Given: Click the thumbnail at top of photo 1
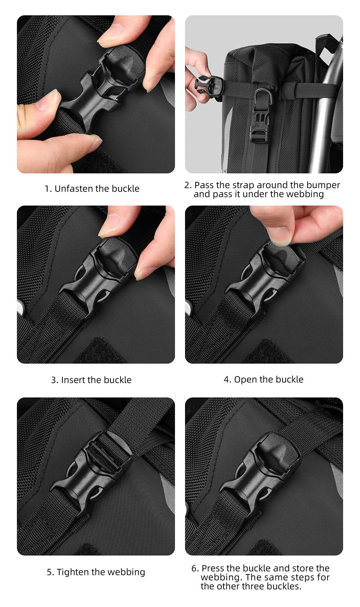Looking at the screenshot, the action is tap(110, 33).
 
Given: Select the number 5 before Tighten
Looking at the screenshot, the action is tap(49, 572).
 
